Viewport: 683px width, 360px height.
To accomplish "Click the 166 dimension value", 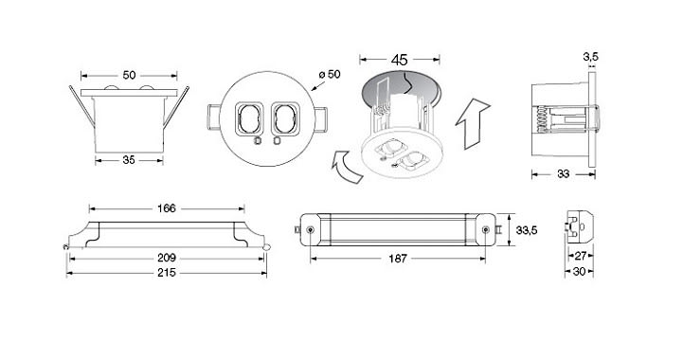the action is click(167, 208).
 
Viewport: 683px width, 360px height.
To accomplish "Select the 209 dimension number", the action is click(167, 258).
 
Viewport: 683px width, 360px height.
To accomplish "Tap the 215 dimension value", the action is click(167, 273).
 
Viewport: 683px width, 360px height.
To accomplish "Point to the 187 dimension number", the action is click(397, 259).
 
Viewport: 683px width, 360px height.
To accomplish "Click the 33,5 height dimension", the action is click(526, 230).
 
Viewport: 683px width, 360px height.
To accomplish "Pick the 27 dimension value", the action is click(581, 256).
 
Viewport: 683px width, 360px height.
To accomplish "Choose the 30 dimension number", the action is click(579, 272).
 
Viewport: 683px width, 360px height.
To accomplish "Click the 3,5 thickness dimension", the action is click(591, 56).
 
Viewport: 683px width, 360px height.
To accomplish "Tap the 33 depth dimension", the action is click(564, 174).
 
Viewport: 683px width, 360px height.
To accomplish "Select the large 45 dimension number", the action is click(399, 60).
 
